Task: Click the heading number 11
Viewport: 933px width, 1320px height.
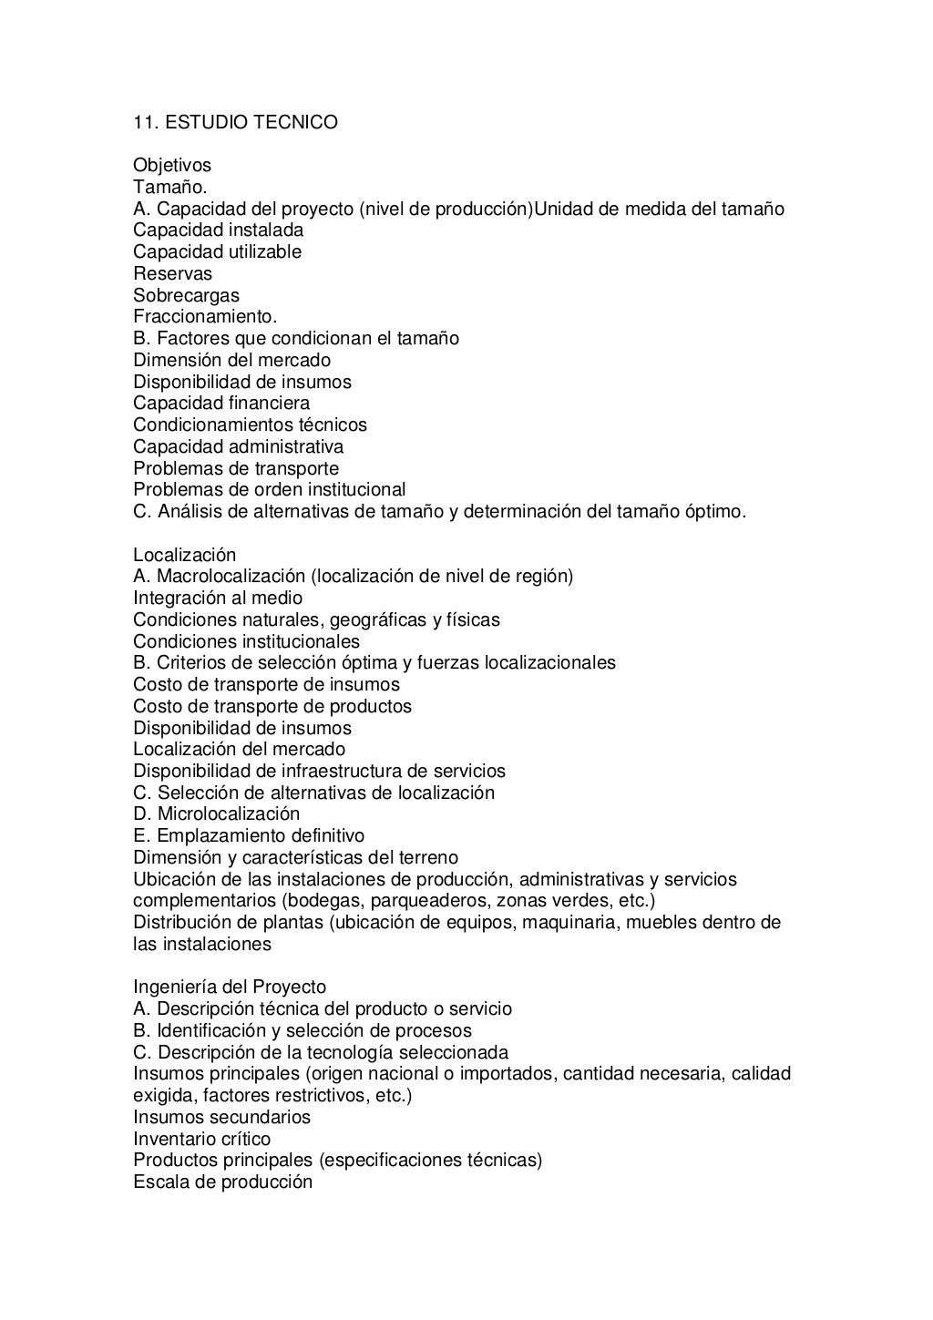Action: tap(144, 122)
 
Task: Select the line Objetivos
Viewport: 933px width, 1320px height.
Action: tap(172, 166)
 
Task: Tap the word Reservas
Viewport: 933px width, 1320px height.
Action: tap(172, 274)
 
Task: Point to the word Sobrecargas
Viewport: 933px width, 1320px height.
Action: tap(186, 296)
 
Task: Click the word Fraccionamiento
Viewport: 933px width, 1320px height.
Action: tap(205, 317)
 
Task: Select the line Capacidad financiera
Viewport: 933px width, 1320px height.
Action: tap(221, 404)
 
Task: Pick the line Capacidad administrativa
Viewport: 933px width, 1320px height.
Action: tap(238, 447)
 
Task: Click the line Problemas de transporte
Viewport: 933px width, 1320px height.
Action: tap(236, 469)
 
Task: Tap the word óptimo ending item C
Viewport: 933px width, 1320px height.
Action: tap(714, 512)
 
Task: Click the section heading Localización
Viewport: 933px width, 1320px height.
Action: tap(184, 556)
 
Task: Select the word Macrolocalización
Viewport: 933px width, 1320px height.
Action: tap(231, 577)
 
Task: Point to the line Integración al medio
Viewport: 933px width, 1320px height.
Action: tap(218, 599)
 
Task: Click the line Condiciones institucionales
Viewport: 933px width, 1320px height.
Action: tap(246, 642)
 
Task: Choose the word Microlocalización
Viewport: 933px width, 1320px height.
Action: tap(229, 814)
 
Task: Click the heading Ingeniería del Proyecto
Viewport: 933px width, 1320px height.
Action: tap(230, 987)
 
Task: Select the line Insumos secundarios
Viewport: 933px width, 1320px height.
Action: tap(221, 1118)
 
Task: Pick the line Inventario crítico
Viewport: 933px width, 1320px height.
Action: tap(201, 1140)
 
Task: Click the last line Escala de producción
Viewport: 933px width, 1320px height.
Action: tap(222, 1182)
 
